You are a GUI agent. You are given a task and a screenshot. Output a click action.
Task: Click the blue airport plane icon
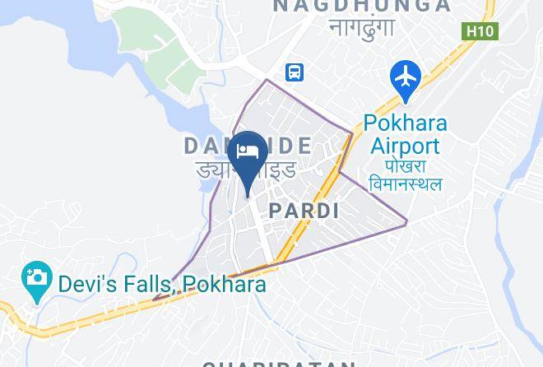click(x=406, y=77)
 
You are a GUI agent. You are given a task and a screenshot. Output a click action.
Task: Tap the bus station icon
click(x=295, y=72)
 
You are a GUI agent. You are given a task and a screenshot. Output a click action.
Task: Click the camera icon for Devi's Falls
click(x=36, y=276)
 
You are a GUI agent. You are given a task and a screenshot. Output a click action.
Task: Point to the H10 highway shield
click(x=480, y=31)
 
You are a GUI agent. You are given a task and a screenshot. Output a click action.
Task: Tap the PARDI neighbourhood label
click(x=304, y=211)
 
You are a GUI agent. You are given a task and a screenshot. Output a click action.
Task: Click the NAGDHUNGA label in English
click(x=362, y=7)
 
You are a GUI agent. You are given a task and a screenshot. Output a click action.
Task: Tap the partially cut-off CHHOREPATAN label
click(x=280, y=363)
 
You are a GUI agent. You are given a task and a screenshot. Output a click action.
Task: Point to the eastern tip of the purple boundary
click(x=407, y=221)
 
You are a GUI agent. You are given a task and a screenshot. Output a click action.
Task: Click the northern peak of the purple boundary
click(x=267, y=80)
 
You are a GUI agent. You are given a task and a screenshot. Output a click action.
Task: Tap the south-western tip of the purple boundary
click(x=154, y=299)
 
